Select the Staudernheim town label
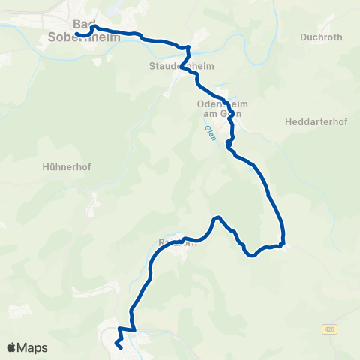click(181, 66)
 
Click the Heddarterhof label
click(314, 121)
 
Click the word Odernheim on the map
click(217, 104)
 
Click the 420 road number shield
click(329, 328)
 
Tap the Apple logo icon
click(12, 347)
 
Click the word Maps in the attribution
click(33, 347)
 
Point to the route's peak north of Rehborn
click(217, 218)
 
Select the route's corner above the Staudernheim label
click(188, 48)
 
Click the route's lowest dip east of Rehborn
click(252, 255)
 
